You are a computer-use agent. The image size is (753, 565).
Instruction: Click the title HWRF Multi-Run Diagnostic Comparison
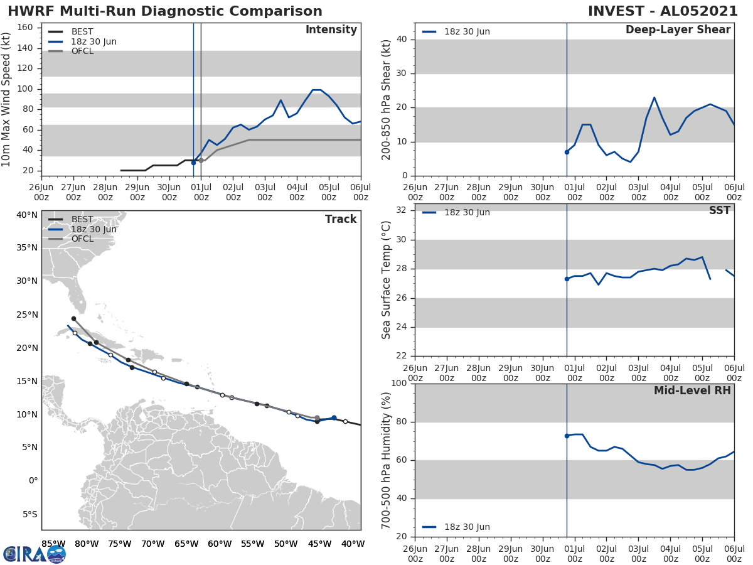pyautogui.click(x=165, y=11)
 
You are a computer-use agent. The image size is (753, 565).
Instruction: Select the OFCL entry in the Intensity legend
pyautogui.click(x=82, y=51)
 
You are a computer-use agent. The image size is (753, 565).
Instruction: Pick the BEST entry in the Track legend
pyautogui.click(x=82, y=220)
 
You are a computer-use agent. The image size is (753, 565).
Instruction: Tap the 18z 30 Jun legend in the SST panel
pyautogui.click(x=467, y=212)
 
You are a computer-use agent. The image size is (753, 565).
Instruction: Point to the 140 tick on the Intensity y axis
pyautogui.click(x=27, y=48)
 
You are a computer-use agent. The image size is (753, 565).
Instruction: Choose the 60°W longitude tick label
pyautogui.click(x=219, y=544)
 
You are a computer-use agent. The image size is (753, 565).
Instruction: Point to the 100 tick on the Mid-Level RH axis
pyautogui.click(x=400, y=384)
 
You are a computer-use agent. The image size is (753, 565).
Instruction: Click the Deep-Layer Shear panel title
pyautogui.click(x=678, y=30)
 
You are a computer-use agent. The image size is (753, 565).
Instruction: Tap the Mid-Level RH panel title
pyautogui.click(x=692, y=390)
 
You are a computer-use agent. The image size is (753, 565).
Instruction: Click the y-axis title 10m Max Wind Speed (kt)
pyautogui.click(x=7, y=99)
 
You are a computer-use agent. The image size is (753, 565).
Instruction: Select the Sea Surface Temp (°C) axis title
pyautogui.click(x=386, y=279)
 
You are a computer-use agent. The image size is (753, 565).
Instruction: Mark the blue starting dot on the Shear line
pyautogui.click(x=567, y=152)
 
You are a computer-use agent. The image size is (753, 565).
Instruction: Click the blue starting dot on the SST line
pyautogui.click(x=567, y=279)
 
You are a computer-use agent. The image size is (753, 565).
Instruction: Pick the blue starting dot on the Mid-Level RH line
pyautogui.click(x=567, y=436)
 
